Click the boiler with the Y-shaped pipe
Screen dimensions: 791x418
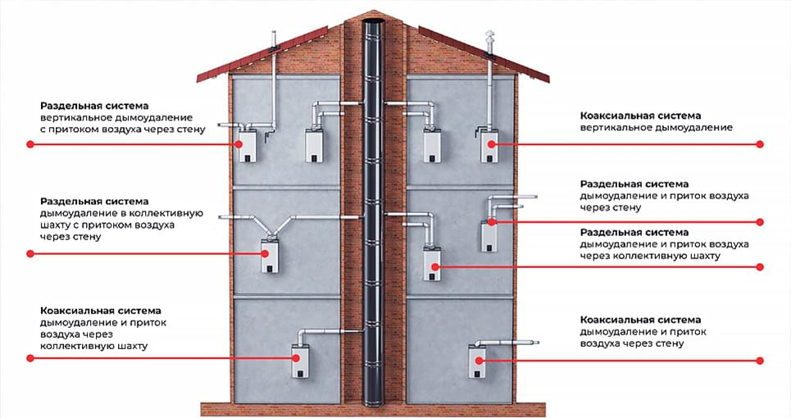point(270,257)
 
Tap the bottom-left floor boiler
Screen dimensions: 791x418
point(301,361)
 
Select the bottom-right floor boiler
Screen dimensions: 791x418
point(477,361)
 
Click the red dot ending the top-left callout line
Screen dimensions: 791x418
point(30,144)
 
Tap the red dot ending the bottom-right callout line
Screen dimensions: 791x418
point(760,361)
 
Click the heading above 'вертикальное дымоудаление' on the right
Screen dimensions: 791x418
point(640,116)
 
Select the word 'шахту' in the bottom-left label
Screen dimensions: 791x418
point(132,347)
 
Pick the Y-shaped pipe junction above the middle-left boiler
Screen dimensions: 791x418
point(270,226)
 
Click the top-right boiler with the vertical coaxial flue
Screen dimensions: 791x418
point(489,146)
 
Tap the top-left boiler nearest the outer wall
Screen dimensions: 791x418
point(248,145)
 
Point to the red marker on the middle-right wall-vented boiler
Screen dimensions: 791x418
point(491,222)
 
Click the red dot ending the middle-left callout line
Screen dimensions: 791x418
point(30,253)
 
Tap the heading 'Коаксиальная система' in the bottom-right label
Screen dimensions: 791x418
point(640,320)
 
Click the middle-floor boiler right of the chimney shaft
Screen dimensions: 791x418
point(432,264)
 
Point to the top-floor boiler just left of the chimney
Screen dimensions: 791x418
point(314,146)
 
